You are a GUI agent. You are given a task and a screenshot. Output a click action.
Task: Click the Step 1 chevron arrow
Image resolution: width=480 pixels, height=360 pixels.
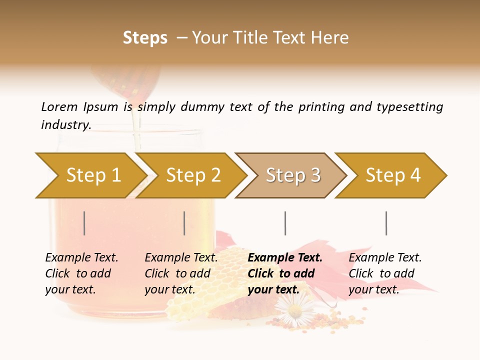point(90,175)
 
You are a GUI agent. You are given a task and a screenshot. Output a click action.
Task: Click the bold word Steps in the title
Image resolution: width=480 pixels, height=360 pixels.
point(145,38)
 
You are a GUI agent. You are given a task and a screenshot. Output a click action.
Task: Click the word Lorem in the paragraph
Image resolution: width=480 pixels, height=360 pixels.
point(59,107)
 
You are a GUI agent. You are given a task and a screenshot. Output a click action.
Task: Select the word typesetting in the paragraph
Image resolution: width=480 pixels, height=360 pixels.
point(409,107)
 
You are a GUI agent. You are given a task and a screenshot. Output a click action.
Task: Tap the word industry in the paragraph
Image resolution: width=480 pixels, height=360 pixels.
point(65,125)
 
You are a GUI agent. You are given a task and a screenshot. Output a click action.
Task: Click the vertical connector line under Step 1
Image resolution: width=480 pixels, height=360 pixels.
point(84,223)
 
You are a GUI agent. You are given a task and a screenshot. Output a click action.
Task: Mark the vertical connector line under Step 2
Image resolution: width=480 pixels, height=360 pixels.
point(184,223)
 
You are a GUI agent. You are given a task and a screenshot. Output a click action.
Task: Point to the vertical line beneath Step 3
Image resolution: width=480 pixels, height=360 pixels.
point(285,223)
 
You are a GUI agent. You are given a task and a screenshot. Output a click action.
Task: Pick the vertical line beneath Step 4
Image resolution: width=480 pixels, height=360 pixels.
point(386,223)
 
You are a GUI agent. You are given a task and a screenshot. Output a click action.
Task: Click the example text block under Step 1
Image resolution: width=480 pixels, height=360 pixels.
point(81,273)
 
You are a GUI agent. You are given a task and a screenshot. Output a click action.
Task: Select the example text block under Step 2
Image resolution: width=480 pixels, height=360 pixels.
point(180,273)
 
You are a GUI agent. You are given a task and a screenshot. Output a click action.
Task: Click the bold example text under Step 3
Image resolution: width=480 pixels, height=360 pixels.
point(284,273)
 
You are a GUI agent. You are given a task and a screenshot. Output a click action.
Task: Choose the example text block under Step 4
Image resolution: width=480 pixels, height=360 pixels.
point(384,273)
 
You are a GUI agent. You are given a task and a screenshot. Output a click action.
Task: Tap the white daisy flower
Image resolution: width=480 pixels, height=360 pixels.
point(294,310)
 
